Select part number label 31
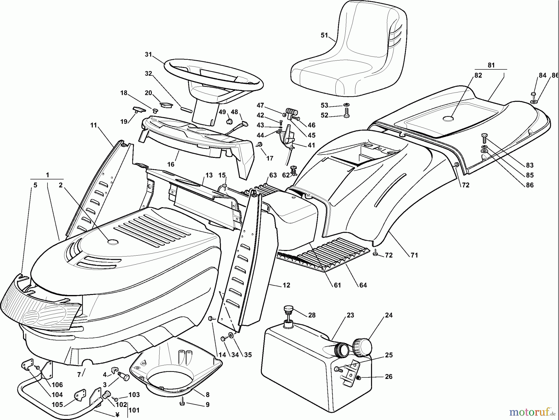(148, 55)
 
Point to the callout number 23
(350, 315)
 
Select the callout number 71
(414, 255)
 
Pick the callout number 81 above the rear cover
(491, 65)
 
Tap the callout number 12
(286, 285)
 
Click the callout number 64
(363, 285)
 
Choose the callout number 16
(171, 164)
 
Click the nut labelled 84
(533, 93)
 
